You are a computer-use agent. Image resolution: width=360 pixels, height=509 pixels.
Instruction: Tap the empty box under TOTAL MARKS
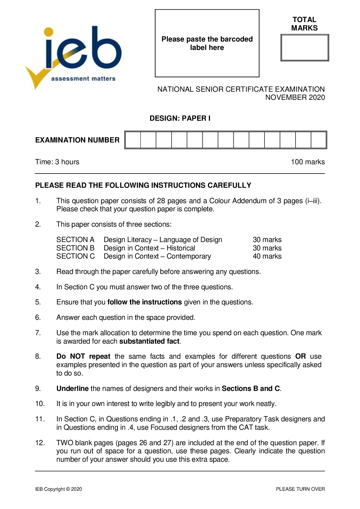point(305,48)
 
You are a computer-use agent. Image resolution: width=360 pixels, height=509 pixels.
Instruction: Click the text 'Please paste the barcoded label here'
point(207,43)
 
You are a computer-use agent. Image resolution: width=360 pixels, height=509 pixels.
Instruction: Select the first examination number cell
point(133,140)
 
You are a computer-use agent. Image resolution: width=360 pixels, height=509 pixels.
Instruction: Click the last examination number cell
point(318,140)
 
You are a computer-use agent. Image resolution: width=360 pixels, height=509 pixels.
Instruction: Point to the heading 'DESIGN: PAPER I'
point(180,118)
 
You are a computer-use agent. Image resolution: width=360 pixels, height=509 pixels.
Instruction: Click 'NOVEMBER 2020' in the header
point(295,98)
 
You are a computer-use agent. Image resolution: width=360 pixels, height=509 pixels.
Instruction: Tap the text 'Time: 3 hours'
point(57,162)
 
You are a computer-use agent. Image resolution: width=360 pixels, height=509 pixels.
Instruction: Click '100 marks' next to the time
point(308,162)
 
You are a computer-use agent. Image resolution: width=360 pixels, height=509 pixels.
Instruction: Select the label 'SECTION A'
point(75,240)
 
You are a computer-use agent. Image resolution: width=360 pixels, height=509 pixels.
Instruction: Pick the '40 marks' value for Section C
point(267,256)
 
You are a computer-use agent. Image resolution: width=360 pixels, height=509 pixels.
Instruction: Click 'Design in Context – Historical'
point(149,248)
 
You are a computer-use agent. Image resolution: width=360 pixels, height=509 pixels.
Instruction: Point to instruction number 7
point(38,333)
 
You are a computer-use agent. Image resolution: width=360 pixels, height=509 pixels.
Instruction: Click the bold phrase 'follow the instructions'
point(145,302)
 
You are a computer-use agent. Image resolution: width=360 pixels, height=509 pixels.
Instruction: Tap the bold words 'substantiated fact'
point(150,341)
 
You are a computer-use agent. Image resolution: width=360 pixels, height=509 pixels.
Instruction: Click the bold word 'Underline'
point(72,389)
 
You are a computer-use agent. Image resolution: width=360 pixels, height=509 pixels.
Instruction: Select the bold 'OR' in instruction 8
point(300,356)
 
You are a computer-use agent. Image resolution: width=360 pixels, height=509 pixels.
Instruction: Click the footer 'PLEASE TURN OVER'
point(300,489)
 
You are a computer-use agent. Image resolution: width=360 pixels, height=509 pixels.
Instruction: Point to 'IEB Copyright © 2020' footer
point(59,489)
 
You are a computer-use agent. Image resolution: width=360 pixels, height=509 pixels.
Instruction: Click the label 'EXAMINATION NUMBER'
point(77,140)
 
